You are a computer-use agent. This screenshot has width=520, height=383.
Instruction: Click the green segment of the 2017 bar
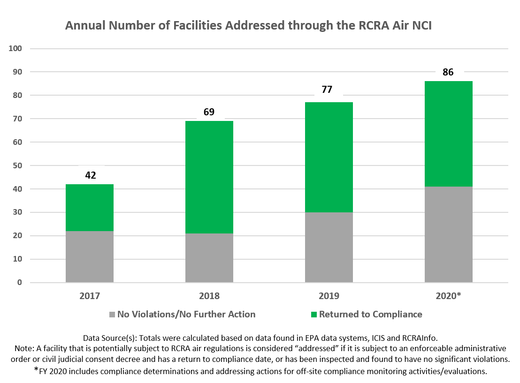(89, 208)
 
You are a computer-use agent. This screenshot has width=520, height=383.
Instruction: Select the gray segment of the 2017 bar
(89, 257)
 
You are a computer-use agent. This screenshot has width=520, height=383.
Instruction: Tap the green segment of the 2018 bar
(209, 177)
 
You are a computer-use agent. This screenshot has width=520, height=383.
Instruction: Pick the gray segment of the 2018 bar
(209, 258)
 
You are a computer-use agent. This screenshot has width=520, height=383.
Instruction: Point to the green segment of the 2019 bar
(329, 158)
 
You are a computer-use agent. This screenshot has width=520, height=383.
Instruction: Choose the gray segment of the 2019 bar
(329, 248)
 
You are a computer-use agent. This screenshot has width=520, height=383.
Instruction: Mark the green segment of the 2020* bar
(448, 134)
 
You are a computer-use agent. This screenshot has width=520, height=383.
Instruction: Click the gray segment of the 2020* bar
(448, 234)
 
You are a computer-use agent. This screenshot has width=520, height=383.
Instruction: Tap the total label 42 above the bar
(91, 175)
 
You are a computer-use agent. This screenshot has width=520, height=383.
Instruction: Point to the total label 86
(449, 72)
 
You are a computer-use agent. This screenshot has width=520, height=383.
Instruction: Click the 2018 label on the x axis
(209, 296)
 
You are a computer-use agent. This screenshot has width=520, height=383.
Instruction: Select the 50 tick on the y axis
(17, 165)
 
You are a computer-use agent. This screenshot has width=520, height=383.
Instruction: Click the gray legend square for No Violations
(112, 315)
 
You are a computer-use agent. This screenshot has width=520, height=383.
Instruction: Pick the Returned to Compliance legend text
(370, 314)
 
